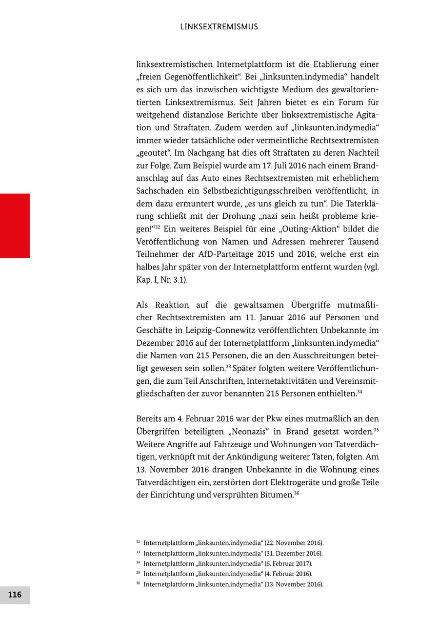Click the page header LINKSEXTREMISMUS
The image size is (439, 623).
(x=219, y=27)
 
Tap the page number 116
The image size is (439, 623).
(x=15, y=595)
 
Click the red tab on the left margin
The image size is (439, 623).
(x=15, y=226)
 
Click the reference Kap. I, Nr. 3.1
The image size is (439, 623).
(x=161, y=280)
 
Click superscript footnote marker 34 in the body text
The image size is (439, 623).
(x=359, y=392)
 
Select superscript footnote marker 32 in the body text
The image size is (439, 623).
(x=158, y=227)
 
